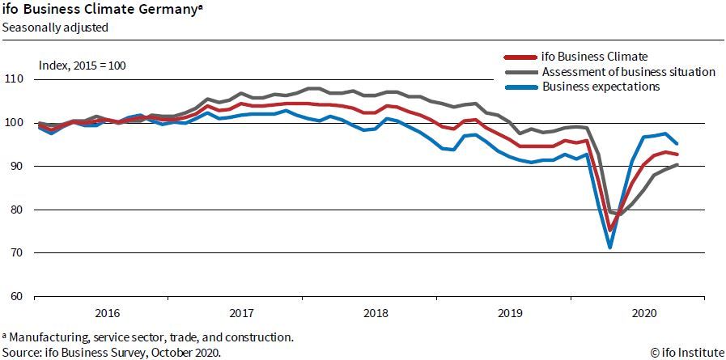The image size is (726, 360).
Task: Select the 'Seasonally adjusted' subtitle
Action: tap(55, 27)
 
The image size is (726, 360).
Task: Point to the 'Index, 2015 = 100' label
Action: tap(83, 65)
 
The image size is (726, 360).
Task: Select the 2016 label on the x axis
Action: tap(107, 313)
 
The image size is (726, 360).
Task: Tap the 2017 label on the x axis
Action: tap(241, 313)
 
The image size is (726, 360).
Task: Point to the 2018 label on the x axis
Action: tap(376, 313)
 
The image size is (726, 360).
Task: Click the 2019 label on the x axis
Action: tap(510, 313)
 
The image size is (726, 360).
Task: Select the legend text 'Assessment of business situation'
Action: tap(629, 72)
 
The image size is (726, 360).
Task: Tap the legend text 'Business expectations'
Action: tap(601, 87)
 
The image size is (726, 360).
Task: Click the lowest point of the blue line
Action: tap(609, 247)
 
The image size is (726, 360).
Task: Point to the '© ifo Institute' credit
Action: tap(684, 353)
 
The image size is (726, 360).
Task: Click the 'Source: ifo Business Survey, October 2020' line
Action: tap(111, 353)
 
